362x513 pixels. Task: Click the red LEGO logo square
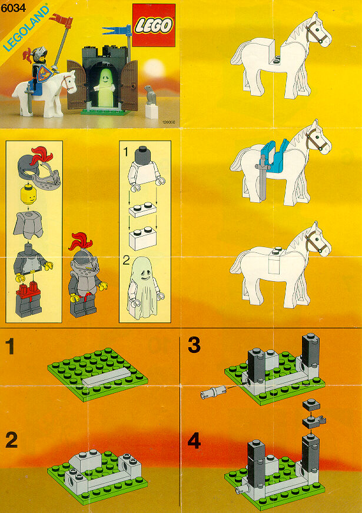[x=154, y=25]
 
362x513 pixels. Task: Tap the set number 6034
[x=13, y=8]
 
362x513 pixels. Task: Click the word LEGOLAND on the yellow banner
[x=26, y=28]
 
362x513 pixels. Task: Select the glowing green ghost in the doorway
[x=104, y=87]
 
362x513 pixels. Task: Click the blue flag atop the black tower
[x=116, y=31]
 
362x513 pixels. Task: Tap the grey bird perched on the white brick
[x=150, y=95]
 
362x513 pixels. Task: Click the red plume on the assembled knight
[x=81, y=241]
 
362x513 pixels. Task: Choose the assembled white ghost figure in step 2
[x=144, y=288]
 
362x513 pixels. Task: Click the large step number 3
[x=194, y=345]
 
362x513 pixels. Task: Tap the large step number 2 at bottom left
[x=11, y=440]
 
